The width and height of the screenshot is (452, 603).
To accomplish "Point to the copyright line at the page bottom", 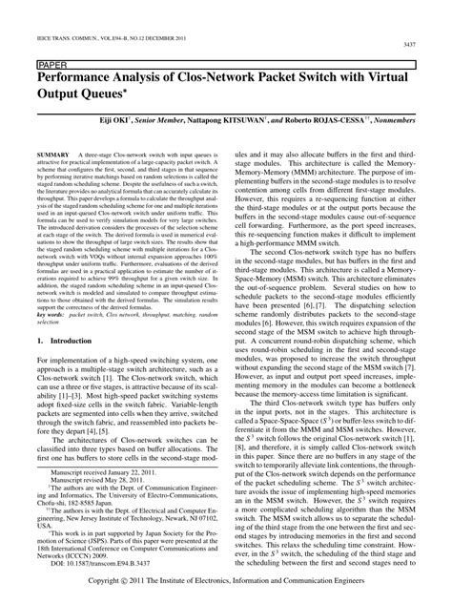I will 226,581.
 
